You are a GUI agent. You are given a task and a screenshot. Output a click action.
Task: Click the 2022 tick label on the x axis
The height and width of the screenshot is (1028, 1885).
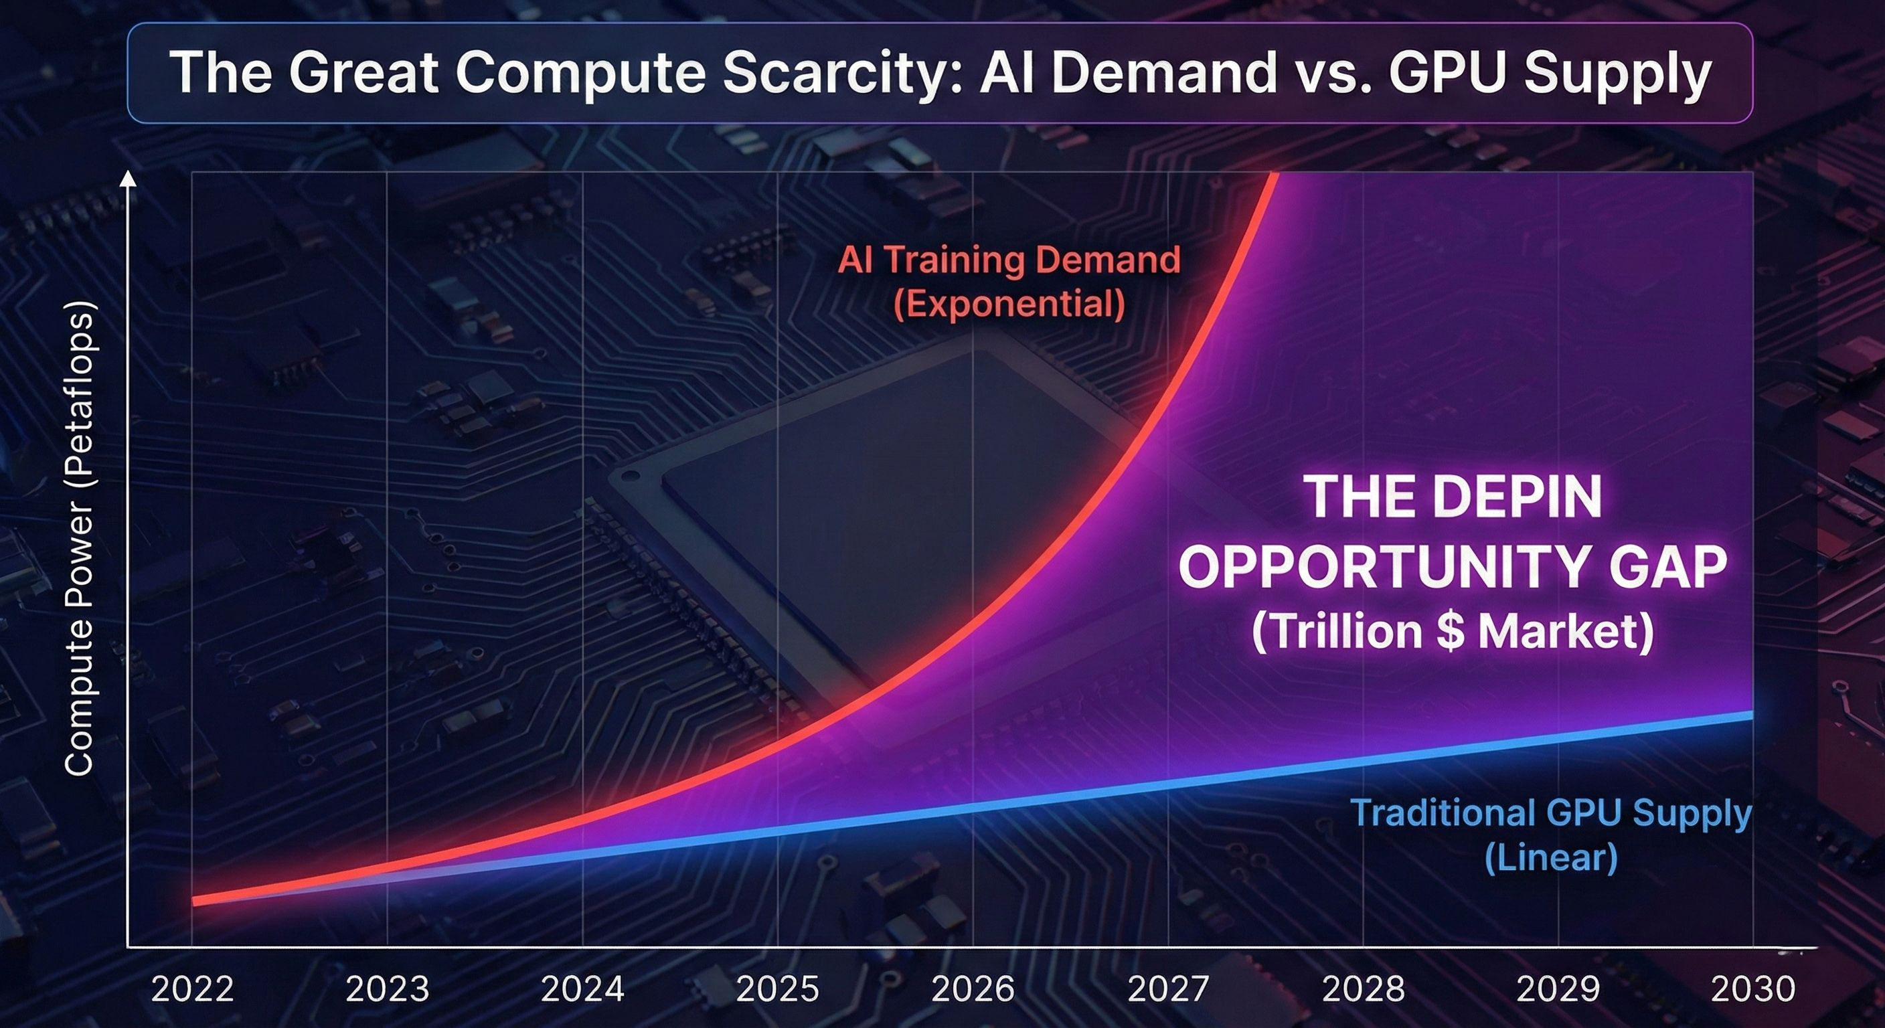click(x=193, y=989)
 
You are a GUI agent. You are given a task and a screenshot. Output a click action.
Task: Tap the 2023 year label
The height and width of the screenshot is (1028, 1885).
click(x=387, y=989)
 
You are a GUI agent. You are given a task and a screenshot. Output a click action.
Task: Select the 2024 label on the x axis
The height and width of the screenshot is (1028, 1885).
click(x=582, y=989)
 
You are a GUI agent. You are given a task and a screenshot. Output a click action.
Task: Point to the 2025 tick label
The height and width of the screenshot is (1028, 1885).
click(x=777, y=989)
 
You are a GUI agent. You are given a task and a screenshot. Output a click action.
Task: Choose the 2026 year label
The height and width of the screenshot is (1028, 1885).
click(x=973, y=989)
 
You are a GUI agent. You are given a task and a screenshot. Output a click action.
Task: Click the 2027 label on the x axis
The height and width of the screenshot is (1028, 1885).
click(x=1168, y=989)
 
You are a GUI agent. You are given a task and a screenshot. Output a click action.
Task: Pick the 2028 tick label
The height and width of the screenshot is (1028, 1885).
click(x=1364, y=989)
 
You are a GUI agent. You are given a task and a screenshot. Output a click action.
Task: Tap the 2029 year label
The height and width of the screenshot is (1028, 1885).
click(x=1558, y=989)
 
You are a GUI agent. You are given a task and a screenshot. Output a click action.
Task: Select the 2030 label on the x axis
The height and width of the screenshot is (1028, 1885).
click(x=1753, y=989)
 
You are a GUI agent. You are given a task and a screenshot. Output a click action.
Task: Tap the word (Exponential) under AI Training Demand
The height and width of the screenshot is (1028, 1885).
click(x=1009, y=304)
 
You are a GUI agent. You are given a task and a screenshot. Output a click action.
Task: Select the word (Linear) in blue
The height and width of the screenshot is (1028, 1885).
click(x=1550, y=857)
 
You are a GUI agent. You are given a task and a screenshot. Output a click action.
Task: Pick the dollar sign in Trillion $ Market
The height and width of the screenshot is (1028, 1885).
click(x=1450, y=630)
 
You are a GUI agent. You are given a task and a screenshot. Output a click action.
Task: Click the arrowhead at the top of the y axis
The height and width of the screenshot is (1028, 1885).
click(x=128, y=179)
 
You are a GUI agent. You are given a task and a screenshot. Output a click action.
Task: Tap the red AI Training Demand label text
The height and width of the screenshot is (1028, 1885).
click(x=1009, y=260)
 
